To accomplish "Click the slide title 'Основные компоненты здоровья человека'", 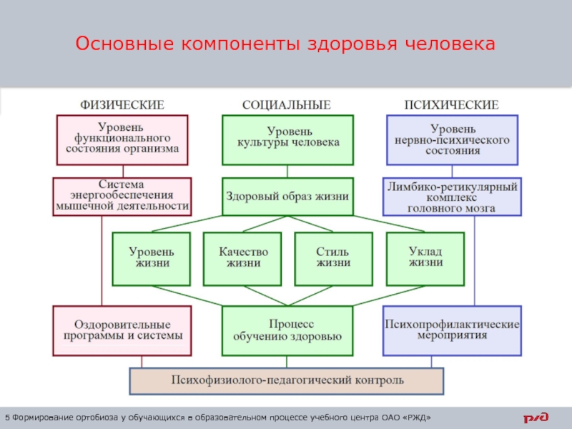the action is click(285, 44).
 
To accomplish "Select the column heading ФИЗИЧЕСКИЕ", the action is click(122, 104).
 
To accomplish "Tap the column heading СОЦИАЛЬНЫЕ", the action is click(287, 104).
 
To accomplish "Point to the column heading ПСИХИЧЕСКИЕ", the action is click(452, 104).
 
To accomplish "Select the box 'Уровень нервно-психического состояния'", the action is click(452, 139).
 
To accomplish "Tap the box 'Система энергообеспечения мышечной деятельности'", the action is click(122, 196).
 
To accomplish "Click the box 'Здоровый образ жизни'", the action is click(287, 196).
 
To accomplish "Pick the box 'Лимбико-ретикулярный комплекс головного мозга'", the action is click(452, 196).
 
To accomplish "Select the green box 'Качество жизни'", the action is click(243, 257).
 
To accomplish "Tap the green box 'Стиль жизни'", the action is click(333, 257).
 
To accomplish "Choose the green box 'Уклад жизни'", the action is click(425, 257).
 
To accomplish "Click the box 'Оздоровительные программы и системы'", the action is click(122, 330).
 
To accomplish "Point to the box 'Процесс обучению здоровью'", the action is click(287, 330).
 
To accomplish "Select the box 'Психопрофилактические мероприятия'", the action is click(452, 330).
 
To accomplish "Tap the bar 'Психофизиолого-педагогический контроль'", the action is click(286, 380).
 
